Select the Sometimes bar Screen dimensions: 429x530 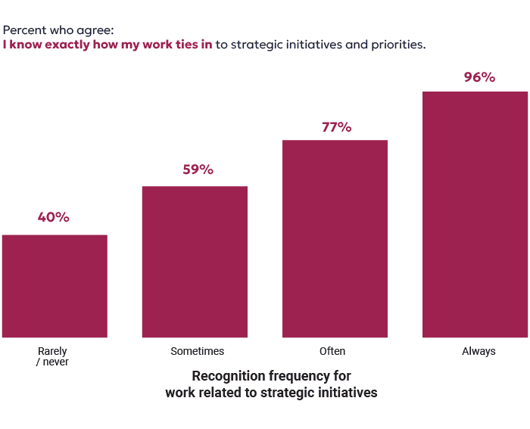click(x=195, y=262)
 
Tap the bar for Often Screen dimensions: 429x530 click(x=335, y=239)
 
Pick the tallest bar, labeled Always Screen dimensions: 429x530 click(x=475, y=215)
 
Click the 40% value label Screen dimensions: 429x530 click(x=54, y=217)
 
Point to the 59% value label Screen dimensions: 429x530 click(x=198, y=169)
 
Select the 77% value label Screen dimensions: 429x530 click(x=336, y=127)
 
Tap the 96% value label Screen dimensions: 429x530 click(x=479, y=77)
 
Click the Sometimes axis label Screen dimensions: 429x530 click(x=197, y=351)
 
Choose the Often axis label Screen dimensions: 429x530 click(x=332, y=351)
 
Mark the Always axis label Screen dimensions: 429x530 click(x=479, y=351)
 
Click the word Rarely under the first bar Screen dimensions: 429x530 click(x=53, y=351)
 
